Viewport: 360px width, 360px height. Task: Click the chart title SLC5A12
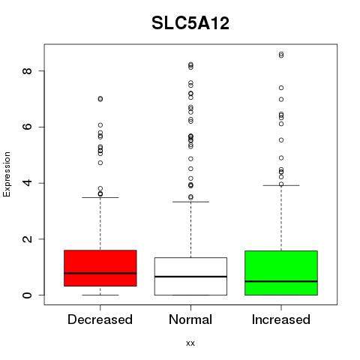190,23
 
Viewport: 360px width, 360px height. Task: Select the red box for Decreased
100,268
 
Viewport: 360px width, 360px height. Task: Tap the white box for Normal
190,276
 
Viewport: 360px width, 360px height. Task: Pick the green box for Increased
281,273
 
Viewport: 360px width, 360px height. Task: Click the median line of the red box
100,273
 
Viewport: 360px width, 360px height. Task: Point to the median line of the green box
281,281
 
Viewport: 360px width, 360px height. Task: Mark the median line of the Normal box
190,277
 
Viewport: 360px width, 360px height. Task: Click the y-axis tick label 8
27,70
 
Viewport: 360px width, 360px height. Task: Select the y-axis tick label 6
27,127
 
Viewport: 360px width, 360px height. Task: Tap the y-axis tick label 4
27,183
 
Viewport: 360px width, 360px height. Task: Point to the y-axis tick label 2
27,239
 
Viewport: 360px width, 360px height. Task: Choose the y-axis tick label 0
27,295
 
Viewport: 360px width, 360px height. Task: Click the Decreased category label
100,319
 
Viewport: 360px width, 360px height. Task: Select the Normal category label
190,319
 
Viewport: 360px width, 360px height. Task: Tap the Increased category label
281,319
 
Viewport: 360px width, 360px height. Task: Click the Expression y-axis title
7,175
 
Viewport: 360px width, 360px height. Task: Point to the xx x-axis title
190,343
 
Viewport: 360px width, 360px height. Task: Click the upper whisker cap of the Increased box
281,185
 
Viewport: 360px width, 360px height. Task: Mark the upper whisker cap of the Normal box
190,202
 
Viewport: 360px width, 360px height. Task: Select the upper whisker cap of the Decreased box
100,197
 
